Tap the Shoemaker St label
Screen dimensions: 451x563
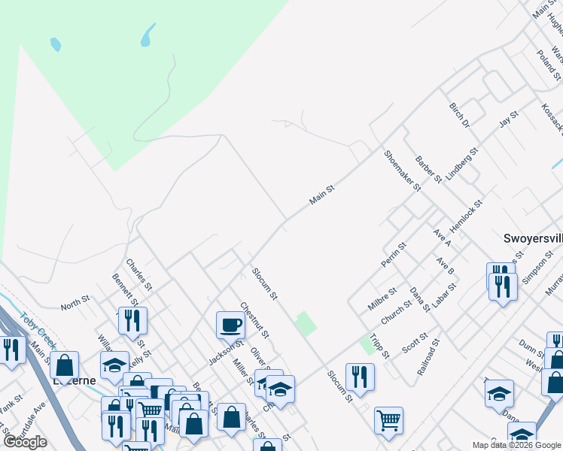[x=401, y=171]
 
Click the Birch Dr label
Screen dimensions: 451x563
[x=458, y=114]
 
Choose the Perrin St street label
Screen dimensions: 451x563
[x=394, y=256]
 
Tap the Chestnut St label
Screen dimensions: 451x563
[x=254, y=319]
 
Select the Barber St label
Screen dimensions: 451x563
[x=428, y=169]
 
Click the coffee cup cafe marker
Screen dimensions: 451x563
[x=230, y=325]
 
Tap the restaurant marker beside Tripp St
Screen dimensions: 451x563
[x=360, y=376]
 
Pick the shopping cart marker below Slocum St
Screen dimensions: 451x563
[x=388, y=420]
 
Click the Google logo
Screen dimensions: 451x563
[x=25, y=441]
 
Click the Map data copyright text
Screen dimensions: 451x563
[x=516, y=445]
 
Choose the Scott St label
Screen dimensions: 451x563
[x=415, y=343]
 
